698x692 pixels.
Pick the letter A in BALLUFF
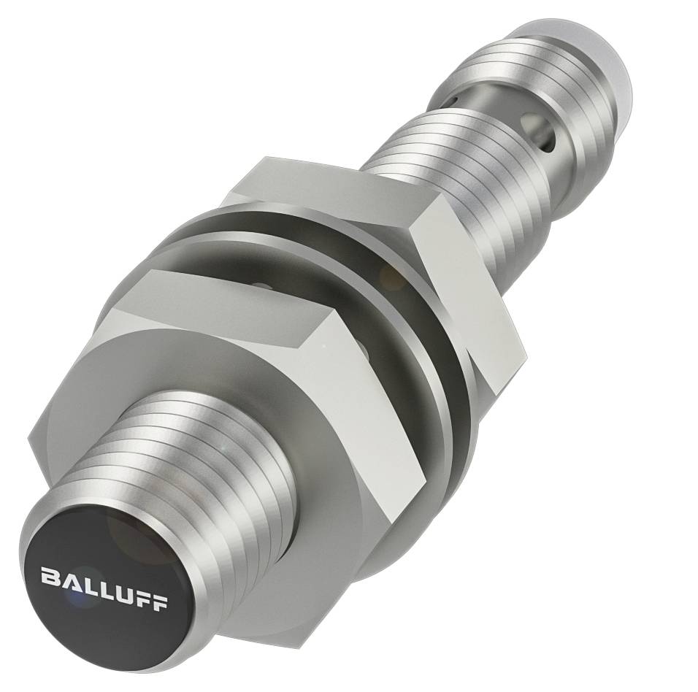68,582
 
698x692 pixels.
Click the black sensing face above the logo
102,540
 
